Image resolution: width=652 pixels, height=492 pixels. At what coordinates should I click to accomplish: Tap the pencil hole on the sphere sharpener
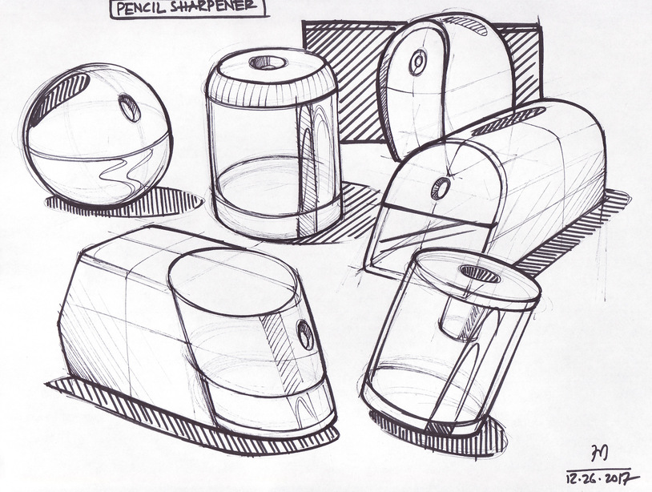pos(129,107)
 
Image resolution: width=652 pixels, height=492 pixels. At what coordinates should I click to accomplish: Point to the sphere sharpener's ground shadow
pos(125,203)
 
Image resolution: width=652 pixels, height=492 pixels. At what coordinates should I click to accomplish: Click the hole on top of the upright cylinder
pos(268,63)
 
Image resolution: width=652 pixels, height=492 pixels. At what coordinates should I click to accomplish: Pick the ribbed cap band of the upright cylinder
pos(271,94)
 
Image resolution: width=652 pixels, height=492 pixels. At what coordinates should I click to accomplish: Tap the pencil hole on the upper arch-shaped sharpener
pos(417,63)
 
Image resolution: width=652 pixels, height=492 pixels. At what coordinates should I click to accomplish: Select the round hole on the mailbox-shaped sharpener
pos(441,188)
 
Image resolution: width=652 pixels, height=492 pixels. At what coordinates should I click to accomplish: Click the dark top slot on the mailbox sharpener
pos(509,122)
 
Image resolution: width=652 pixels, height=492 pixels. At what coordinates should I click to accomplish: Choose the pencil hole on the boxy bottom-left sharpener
pos(305,335)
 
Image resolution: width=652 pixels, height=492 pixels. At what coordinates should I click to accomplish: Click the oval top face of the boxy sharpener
pos(233,282)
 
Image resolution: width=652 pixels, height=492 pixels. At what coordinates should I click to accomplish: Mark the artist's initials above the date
pos(600,453)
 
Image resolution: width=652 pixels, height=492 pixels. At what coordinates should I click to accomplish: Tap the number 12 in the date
pos(573,478)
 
